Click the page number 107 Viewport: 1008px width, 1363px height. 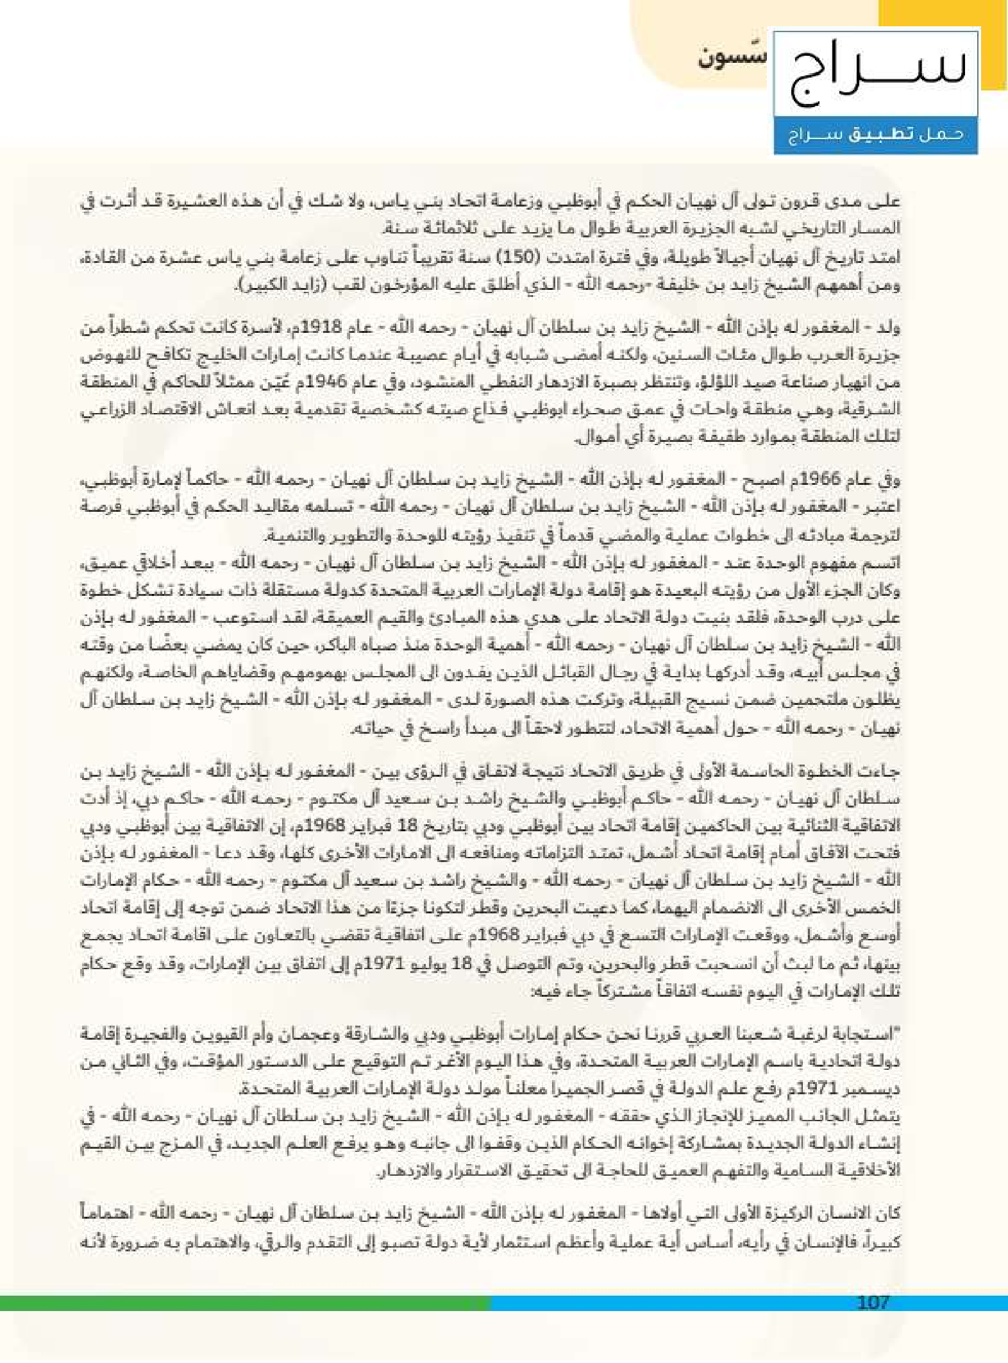click(873, 1303)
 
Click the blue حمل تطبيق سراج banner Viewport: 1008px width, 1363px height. click(875, 135)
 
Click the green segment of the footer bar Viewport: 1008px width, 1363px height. click(244, 1303)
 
